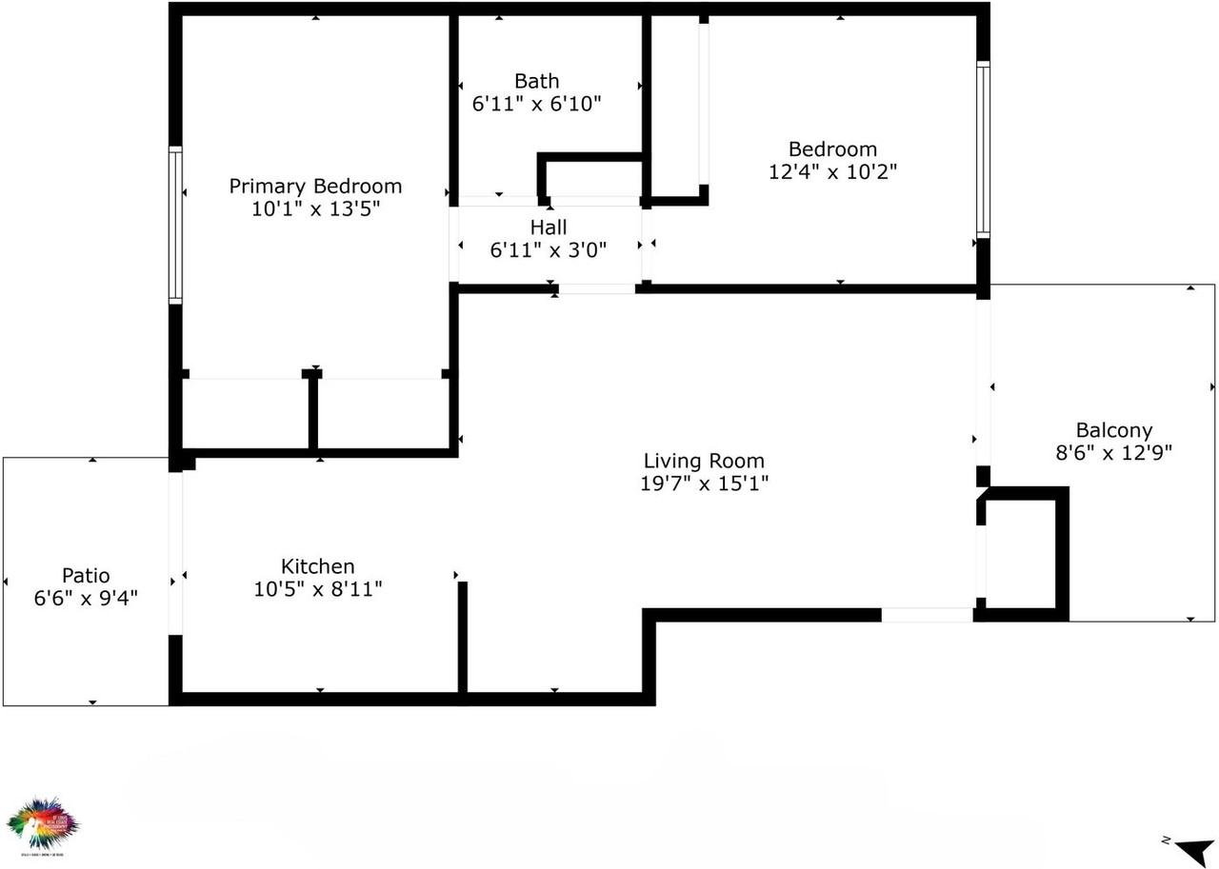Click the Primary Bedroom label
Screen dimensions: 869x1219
point(315,187)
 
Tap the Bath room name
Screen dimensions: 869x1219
point(536,81)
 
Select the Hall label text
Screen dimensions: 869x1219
point(549,227)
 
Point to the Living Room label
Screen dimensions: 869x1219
point(704,462)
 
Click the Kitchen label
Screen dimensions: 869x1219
point(317,566)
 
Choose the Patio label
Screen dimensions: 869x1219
point(86,576)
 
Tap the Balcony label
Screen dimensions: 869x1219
point(1113,430)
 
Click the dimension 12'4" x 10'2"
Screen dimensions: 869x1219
point(832,172)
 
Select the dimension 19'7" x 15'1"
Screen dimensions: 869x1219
point(704,484)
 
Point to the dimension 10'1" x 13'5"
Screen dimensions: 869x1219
point(315,209)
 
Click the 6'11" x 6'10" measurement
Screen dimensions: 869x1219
point(536,104)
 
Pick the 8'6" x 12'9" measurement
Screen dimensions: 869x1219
point(1113,453)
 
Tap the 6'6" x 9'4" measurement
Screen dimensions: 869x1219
point(86,599)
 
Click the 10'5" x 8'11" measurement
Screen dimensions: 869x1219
point(317,589)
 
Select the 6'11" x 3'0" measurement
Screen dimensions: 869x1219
point(549,250)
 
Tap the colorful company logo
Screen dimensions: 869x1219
point(42,826)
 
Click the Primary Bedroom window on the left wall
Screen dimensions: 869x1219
point(175,225)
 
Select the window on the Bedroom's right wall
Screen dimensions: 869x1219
point(984,149)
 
